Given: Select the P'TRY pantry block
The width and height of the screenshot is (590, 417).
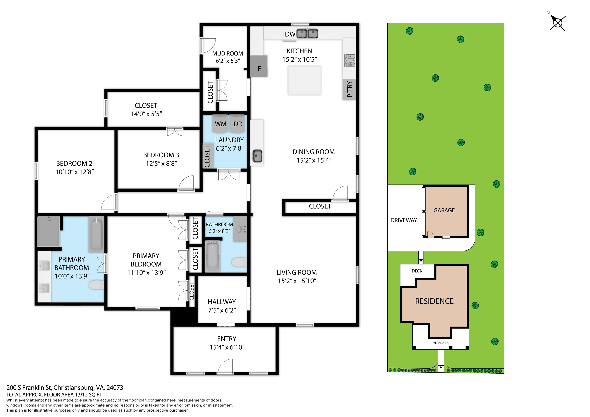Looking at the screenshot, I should pyautogui.click(x=349, y=89).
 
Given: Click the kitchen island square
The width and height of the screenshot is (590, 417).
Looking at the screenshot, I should pyautogui.click(x=304, y=80).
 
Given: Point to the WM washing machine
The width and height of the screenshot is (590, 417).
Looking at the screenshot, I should pyautogui.click(x=220, y=124).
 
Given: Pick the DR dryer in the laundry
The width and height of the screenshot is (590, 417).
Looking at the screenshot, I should pyautogui.click(x=237, y=124).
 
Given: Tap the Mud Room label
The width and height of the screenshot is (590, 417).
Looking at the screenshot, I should pyautogui.click(x=227, y=53).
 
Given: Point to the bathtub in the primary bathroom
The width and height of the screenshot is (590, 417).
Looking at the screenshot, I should pyautogui.click(x=96, y=234).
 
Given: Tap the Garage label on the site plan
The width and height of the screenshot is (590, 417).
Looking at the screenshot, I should pyautogui.click(x=444, y=210).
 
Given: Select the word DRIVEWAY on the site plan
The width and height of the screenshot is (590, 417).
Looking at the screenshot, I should pyautogui.click(x=404, y=220).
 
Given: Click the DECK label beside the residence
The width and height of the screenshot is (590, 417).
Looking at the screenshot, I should pyautogui.click(x=417, y=271).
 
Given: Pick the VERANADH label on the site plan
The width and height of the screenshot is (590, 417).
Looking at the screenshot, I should pyautogui.click(x=440, y=343).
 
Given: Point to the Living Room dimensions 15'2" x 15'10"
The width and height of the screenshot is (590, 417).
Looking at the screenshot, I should pyautogui.click(x=297, y=281).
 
